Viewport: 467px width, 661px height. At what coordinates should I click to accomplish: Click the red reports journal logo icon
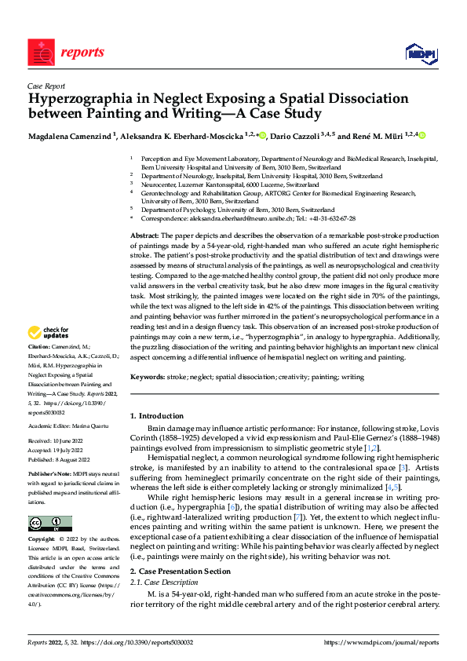coord(40,52)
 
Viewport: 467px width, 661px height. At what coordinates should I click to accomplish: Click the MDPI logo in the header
coord(420,53)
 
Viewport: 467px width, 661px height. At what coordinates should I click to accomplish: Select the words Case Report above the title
coord(46,86)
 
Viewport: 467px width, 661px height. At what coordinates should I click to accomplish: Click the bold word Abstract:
coord(144,236)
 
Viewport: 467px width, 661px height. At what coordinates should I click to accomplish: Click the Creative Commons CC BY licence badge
coord(49,524)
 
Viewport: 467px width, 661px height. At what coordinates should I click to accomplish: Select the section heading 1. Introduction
coord(159,415)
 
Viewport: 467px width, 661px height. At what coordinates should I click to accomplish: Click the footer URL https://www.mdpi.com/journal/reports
coord(381,642)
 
